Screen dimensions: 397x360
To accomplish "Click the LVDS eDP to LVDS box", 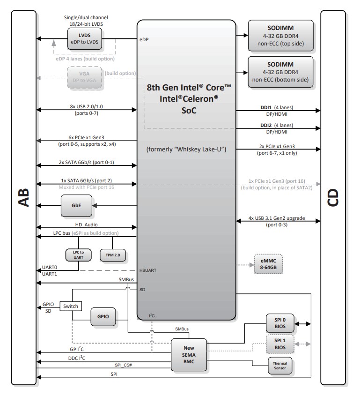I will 84,39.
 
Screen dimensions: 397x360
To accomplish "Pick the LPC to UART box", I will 78,255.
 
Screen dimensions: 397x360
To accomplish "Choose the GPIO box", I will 103,316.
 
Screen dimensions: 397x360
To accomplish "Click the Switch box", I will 71,306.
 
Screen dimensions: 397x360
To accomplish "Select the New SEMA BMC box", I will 189,354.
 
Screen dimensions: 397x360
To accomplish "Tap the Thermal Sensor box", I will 280,366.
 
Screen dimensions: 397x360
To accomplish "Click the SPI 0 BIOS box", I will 280,323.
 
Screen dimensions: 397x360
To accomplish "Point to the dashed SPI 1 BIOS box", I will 280,345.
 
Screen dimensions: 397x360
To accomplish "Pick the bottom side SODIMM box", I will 280,69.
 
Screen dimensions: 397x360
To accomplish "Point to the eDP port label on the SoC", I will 144,39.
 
